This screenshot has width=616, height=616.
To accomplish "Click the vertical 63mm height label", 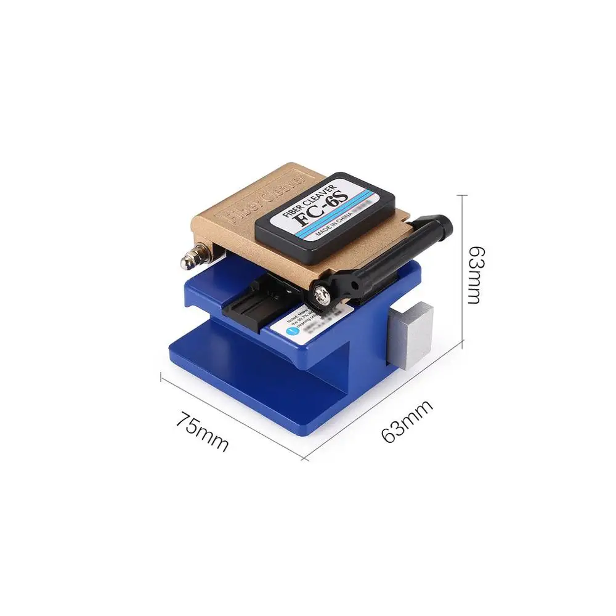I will (x=474, y=275).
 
